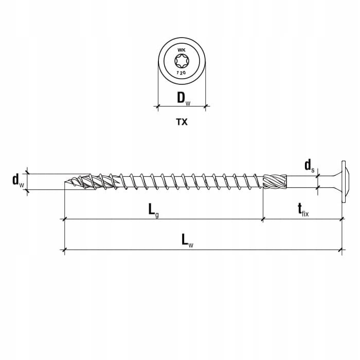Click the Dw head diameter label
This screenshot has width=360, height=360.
coord(184,99)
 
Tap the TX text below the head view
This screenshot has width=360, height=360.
coord(182,122)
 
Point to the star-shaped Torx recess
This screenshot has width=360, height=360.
coord(182,61)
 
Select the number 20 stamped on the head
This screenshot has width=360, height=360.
coord(183,73)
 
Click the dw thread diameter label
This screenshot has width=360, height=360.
coord(18,180)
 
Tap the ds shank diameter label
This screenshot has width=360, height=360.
coord(309,166)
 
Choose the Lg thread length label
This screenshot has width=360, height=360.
coord(153,210)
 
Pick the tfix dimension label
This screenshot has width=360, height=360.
coord(303,210)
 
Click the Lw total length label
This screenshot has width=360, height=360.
coord(187,240)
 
